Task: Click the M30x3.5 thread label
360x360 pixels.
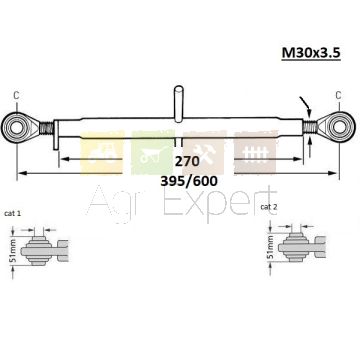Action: tap(311, 53)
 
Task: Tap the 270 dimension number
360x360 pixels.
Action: tap(187, 161)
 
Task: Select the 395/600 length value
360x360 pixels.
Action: tap(189, 181)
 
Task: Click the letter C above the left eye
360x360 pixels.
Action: tap(16, 96)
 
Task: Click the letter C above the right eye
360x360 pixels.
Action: tap(338, 96)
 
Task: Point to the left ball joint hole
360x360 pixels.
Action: tap(15, 127)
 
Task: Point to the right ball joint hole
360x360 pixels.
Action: tap(339, 127)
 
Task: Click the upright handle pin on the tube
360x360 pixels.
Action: tap(179, 103)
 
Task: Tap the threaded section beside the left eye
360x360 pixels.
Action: tap(46, 128)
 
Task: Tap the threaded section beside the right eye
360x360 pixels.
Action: tap(310, 127)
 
